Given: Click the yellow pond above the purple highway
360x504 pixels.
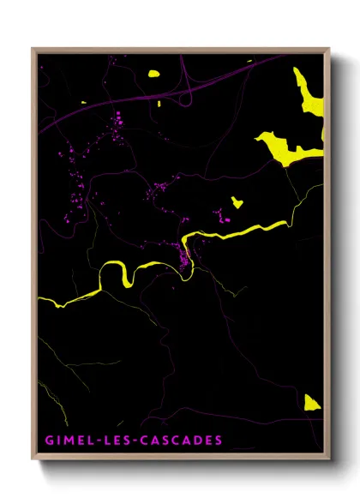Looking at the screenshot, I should [154, 74].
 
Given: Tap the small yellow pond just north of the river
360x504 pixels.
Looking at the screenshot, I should [237, 203].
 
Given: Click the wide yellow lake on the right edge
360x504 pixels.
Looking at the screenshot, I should [287, 148].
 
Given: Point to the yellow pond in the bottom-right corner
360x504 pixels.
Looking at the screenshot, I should [311, 402].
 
